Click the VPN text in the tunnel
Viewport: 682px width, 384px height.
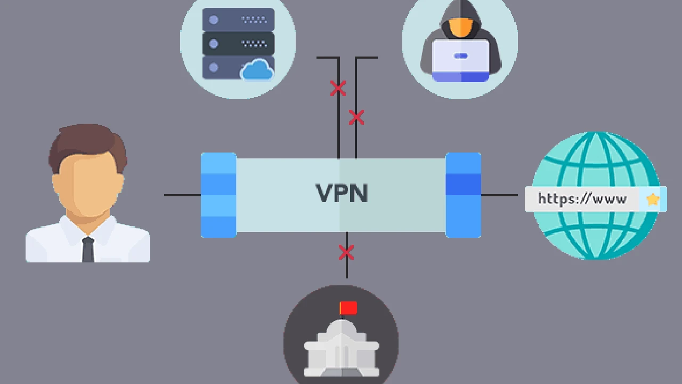pyautogui.click(x=342, y=193)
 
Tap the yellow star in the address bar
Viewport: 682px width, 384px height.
pyautogui.click(x=653, y=199)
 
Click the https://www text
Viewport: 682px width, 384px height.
pyautogui.click(x=581, y=199)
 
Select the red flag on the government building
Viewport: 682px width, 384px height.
pyautogui.click(x=348, y=308)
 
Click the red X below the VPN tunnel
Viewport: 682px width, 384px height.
pyautogui.click(x=346, y=252)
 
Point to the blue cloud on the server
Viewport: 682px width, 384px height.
pyautogui.click(x=257, y=70)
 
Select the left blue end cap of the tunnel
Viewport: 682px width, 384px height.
pyautogui.click(x=218, y=195)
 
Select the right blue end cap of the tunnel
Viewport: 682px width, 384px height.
pyautogui.click(x=463, y=195)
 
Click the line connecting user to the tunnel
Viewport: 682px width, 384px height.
pyautogui.click(x=182, y=195)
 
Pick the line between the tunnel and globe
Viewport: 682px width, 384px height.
pyautogui.click(x=499, y=195)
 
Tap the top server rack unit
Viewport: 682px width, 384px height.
pyautogui.click(x=238, y=20)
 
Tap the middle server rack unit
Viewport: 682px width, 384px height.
pyautogui.click(x=238, y=43)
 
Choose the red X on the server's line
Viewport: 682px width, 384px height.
pyautogui.click(x=338, y=89)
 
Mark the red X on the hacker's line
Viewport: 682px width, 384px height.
pyautogui.click(x=356, y=117)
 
